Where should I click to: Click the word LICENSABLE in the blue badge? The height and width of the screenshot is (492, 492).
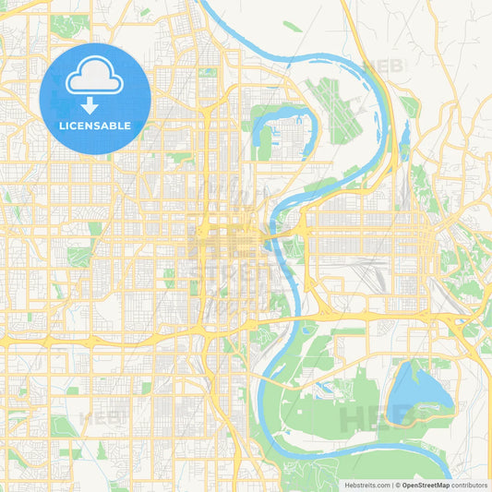[x=95, y=125]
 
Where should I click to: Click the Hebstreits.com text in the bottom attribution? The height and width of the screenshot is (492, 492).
[x=367, y=484]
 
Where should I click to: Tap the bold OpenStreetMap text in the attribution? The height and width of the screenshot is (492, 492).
[x=426, y=484]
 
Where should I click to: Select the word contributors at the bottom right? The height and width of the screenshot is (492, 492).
[x=469, y=484]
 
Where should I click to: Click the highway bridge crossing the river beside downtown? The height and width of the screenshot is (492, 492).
[x=270, y=243]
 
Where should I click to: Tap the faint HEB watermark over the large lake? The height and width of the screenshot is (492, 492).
[x=369, y=417]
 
